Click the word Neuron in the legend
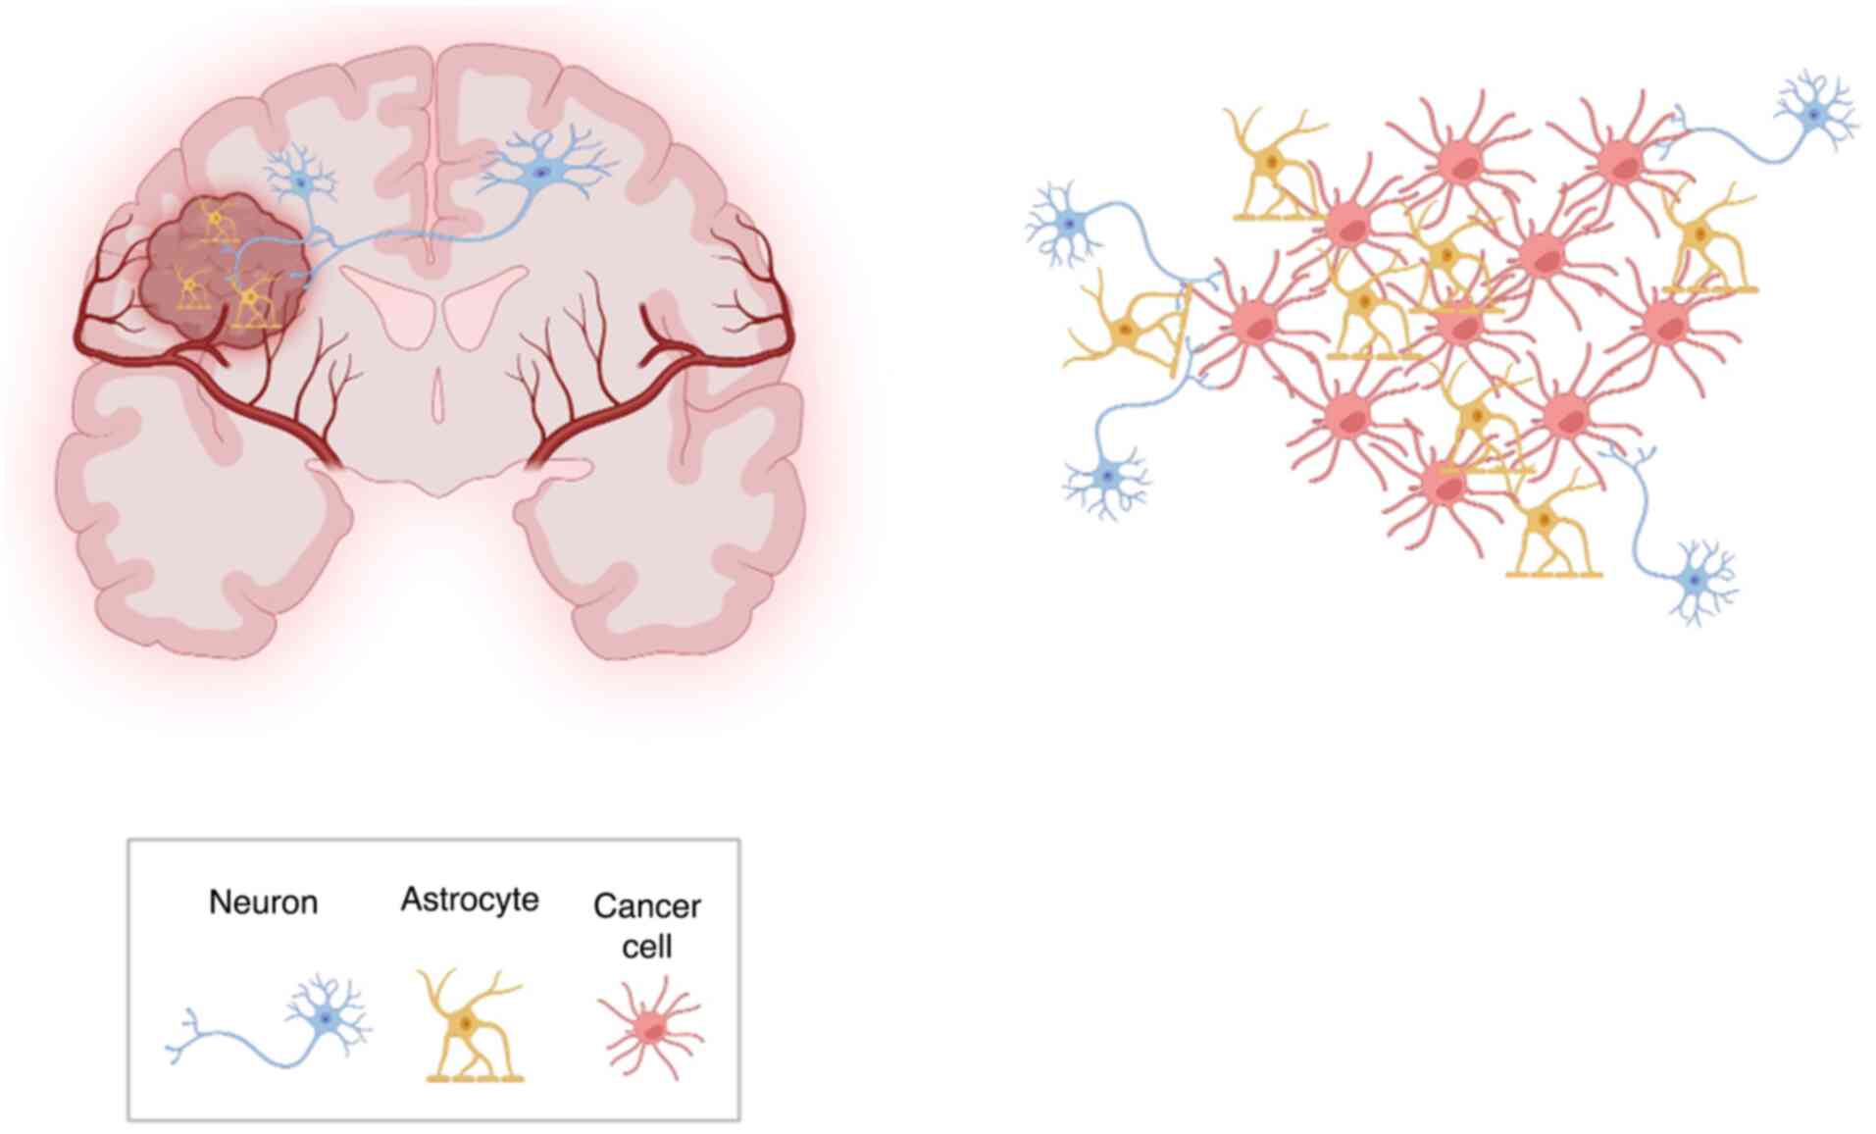coord(263,902)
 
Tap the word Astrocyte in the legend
coord(469,900)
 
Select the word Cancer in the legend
coord(646,906)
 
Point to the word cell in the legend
coord(646,948)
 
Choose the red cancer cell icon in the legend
coord(650,1028)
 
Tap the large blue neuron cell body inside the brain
coord(540,175)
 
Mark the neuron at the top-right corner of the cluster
coord(1814,116)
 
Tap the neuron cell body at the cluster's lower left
coord(1107,478)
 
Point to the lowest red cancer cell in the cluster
coord(1441,483)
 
